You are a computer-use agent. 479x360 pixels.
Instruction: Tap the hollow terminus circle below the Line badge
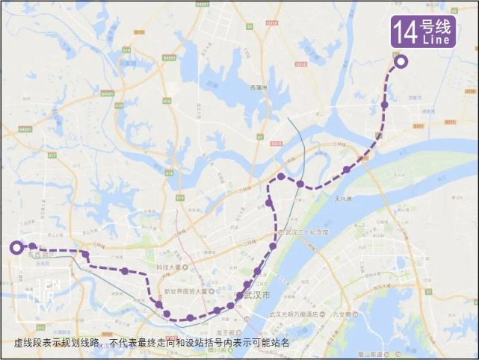pos(401,62)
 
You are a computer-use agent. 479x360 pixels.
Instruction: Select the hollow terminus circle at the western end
pos(16,247)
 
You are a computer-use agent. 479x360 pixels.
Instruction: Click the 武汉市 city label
pos(255,295)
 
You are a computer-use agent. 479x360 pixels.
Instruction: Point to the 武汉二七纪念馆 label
pos(307,233)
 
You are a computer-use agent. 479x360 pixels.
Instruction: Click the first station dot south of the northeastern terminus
pos(384,105)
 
